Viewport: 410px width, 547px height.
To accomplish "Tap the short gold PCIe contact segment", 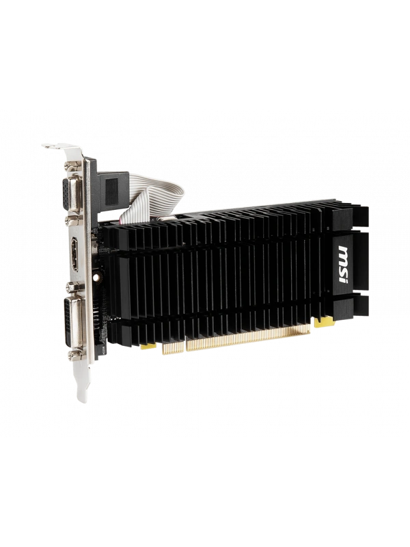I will click(172, 347).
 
